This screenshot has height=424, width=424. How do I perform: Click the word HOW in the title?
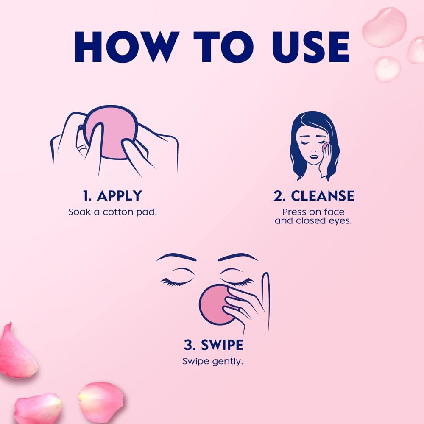pos(126,47)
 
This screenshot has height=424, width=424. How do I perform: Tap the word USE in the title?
pos(311,47)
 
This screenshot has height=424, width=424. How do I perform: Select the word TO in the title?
pos(223,47)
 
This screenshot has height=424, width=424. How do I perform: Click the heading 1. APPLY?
pos(112,195)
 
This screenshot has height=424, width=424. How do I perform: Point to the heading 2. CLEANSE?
pos(314,195)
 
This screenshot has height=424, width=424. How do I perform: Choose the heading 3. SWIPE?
pos(213,345)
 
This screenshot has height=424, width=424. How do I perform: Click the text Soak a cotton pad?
pos(112,212)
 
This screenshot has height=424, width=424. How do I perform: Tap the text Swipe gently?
pos(213,362)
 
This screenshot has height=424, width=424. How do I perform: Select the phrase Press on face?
pos(313,212)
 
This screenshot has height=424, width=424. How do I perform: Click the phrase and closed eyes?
pos(313,221)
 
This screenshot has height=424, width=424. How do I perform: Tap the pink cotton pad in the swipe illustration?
pos(216,305)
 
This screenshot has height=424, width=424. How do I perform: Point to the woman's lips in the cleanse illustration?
pos(314,156)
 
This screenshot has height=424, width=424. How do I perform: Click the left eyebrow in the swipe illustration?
pos(176,257)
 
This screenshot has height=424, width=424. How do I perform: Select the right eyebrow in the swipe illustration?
pos(238,257)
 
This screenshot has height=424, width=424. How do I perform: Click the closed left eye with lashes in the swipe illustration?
pos(177,279)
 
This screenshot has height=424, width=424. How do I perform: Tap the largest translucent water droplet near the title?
pos(384,27)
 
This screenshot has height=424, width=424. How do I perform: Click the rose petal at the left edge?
pos(17,351)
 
